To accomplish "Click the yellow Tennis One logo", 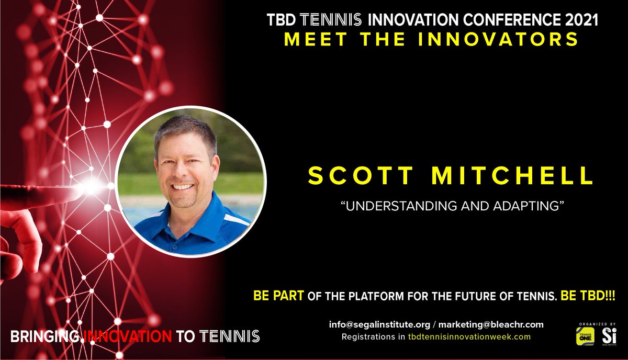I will [585, 336].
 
